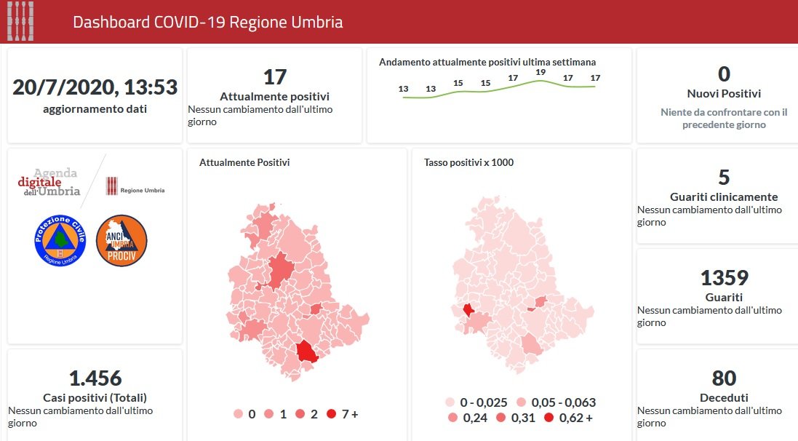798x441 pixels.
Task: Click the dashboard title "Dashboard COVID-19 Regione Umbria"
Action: [207, 22]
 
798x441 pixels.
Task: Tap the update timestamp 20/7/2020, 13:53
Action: [95, 87]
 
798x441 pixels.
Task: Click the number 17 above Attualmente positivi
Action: [274, 77]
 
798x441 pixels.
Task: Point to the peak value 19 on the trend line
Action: [540, 72]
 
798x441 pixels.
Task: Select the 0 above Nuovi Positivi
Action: [724, 74]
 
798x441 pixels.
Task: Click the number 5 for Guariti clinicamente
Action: [724, 178]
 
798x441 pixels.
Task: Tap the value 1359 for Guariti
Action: [724, 278]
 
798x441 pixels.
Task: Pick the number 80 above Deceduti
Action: [724, 378]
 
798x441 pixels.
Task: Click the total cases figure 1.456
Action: [95, 378]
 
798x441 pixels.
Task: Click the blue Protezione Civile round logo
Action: [60, 240]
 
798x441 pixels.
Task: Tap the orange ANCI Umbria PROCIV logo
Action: [121, 240]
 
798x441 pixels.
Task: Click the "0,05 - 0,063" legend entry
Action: [556, 402]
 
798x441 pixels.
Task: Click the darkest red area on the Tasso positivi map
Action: [468, 309]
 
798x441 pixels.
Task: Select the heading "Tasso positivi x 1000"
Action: [468, 162]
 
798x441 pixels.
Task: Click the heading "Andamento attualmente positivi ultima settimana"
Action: [487, 62]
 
